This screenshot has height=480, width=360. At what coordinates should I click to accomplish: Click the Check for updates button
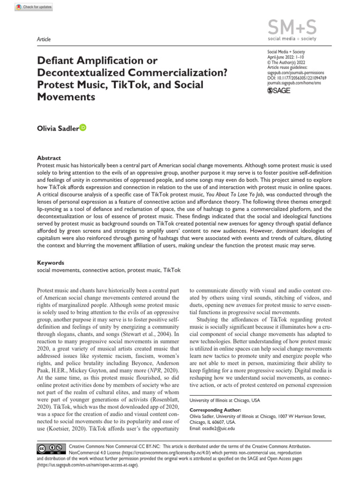click(34, 7)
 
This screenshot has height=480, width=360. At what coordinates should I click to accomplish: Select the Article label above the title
click(44, 39)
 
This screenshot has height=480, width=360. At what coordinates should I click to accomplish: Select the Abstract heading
click(49, 158)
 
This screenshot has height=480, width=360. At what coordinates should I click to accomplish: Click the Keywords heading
click(51, 263)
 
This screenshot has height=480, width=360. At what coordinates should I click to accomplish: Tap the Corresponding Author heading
click(215, 410)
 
